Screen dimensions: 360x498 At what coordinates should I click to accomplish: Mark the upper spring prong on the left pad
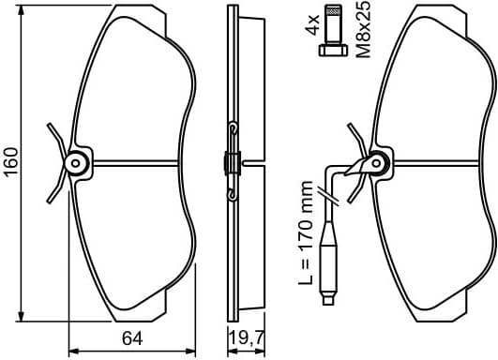pyautogui.click(x=53, y=132)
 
